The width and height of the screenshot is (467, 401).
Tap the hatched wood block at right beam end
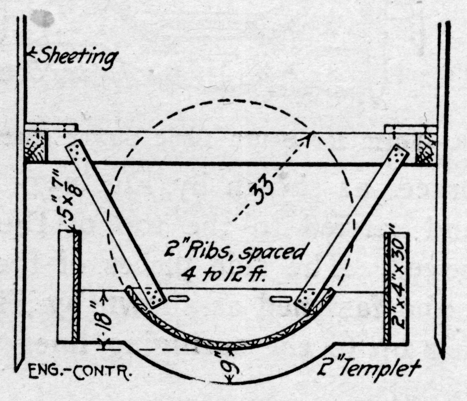click(x=426, y=147)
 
